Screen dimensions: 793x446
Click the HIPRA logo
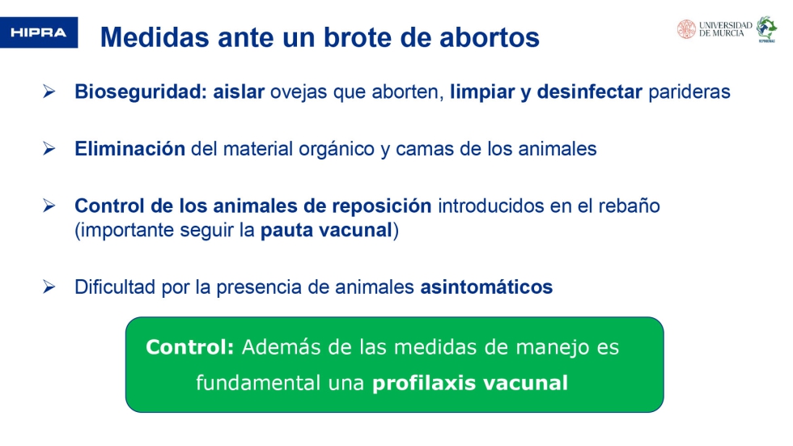(39, 32)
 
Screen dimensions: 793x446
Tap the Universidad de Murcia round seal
(686, 29)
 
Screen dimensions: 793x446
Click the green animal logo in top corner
(766, 29)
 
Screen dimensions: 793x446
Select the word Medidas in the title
(155, 37)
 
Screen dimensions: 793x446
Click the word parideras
(689, 92)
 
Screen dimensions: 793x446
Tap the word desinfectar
(590, 91)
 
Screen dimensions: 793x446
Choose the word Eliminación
(130, 149)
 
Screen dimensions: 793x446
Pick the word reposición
(382, 206)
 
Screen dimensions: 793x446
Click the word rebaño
(630, 206)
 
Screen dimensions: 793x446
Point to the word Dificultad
(115, 287)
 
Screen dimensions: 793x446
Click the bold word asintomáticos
(486, 287)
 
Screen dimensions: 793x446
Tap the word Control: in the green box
(190, 347)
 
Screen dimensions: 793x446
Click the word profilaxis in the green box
(424, 383)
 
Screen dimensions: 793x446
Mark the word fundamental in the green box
(258, 383)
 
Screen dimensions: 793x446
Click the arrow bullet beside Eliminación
(49, 148)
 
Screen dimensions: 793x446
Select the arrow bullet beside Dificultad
(49, 287)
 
